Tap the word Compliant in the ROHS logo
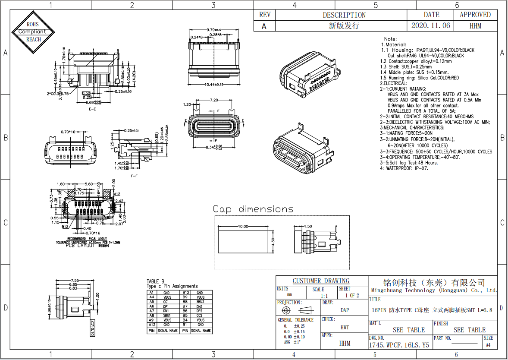click(x=32, y=32)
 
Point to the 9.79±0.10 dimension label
click(x=213, y=29)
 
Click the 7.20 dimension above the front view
click(x=213, y=100)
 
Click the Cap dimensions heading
click(x=253, y=209)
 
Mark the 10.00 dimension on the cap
click(x=243, y=226)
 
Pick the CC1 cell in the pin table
click(x=167, y=302)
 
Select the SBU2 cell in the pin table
click(x=201, y=302)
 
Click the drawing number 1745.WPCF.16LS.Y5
click(x=399, y=345)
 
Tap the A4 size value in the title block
click(x=488, y=345)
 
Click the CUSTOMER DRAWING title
click(x=321, y=281)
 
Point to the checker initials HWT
click(x=345, y=328)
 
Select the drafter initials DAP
click(x=345, y=310)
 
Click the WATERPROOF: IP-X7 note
click(x=404, y=168)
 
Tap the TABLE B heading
click(x=155, y=281)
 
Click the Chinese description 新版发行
click(x=344, y=26)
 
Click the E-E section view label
click(x=92, y=109)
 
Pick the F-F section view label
click(x=134, y=176)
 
